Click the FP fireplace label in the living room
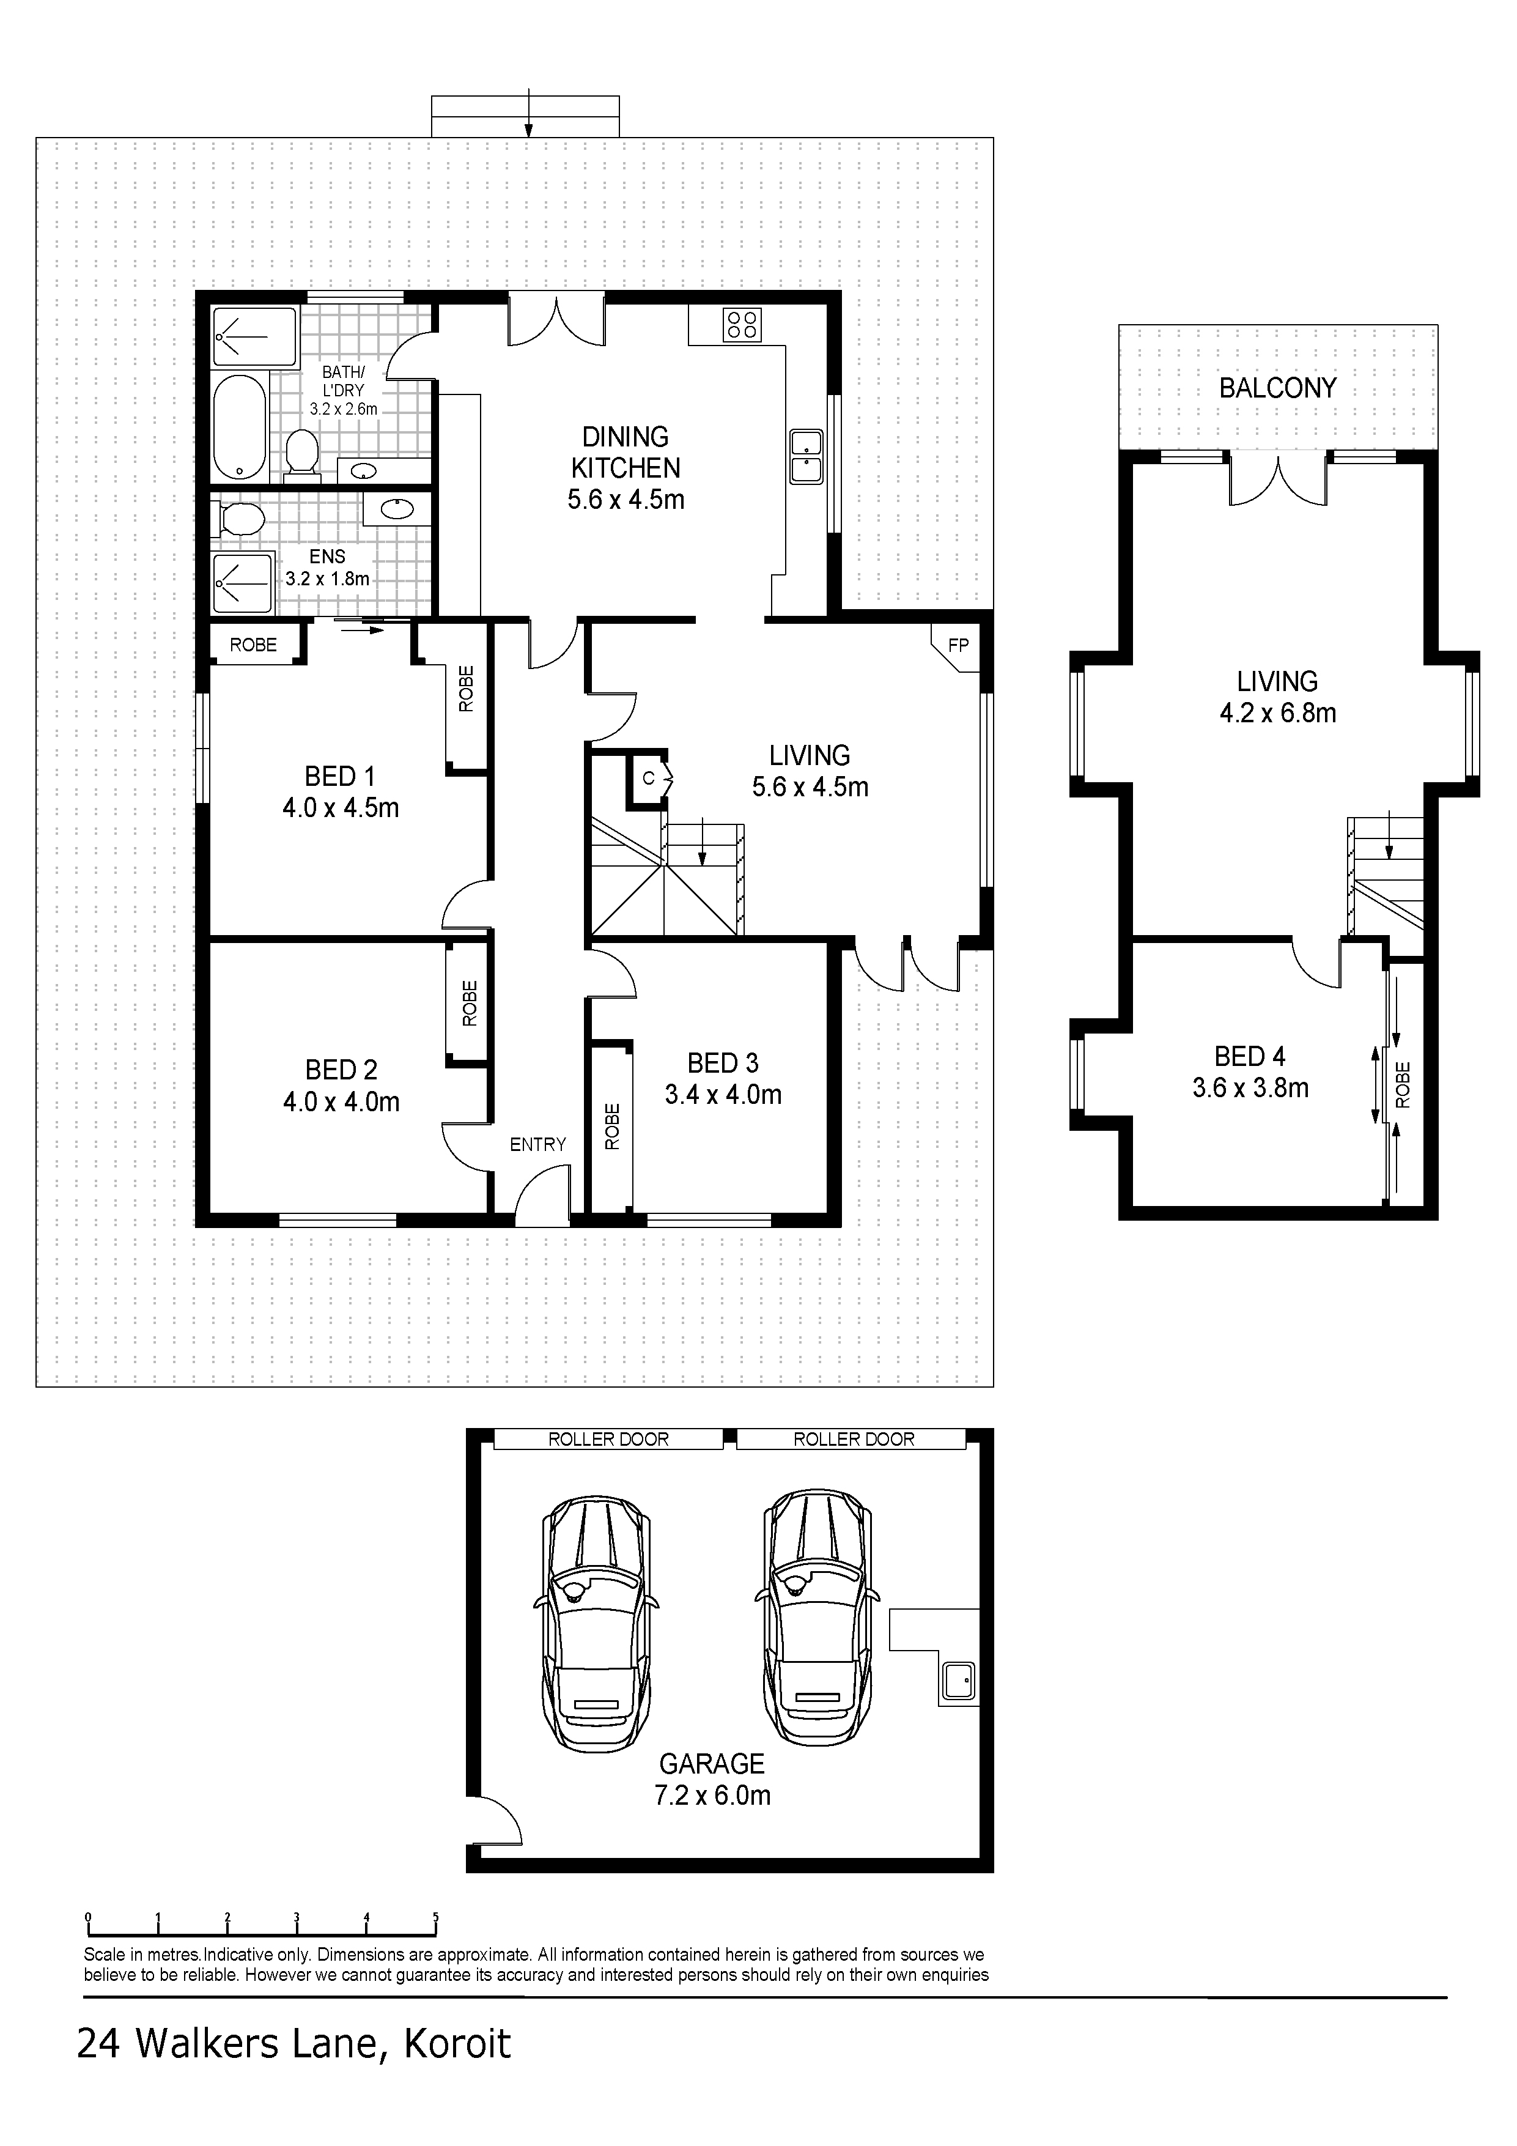coord(958,645)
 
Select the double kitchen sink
coord(806,456)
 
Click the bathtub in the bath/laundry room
coord(239,428)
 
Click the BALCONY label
coord(1277,388)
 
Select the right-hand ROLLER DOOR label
coord(854,1440)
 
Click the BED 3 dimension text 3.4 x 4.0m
coord(723,1095)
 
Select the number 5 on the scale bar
coord(435,1915)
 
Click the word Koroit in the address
coord(457,2044)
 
